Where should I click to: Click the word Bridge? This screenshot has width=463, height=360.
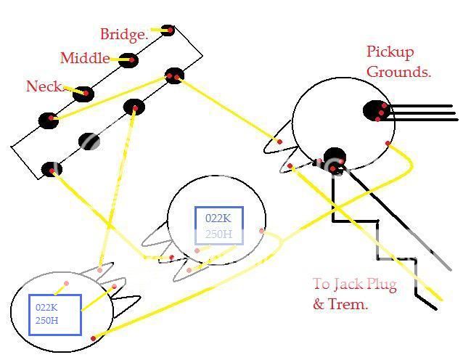click(123, 33)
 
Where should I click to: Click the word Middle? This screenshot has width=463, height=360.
click(85, 58)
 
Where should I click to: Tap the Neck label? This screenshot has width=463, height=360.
click(44, 86)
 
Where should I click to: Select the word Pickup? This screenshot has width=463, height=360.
click(390, 52)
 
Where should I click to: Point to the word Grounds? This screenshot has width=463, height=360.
click(398, 72)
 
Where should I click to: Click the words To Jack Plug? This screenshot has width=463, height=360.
click(355, 285)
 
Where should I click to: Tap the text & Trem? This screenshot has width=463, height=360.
click(340, 304)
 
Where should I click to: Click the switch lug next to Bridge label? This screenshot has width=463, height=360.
click(168, 30)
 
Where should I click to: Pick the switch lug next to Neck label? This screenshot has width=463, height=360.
click(86, 93)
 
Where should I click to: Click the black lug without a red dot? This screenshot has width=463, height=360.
click(89, 142)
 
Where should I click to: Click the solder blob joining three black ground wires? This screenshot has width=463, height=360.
click(375, 111)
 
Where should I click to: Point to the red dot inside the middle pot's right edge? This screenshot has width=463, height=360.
click(262, 232)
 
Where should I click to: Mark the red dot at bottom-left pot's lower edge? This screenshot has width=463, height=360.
click(93, 337)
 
